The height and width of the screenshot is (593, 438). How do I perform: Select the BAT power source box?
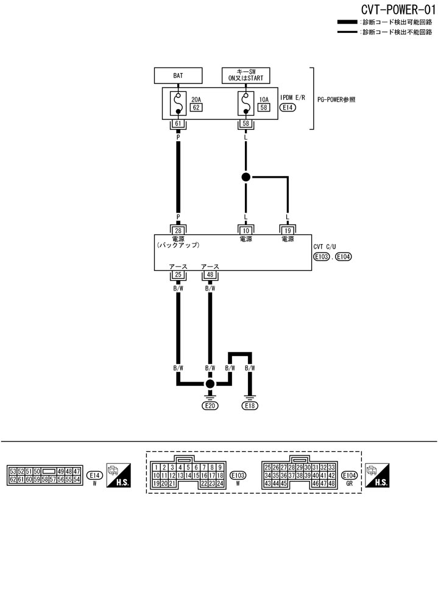tap(178, 75)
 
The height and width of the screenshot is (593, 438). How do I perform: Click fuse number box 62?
tap(196, 108)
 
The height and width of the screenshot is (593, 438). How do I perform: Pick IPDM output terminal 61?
tap(178, 124)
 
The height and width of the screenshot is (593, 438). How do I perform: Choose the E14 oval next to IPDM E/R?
tap(288, 108)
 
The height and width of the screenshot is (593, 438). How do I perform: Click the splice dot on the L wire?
tap(246, 177)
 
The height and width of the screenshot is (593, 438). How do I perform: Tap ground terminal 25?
tap(178, 275)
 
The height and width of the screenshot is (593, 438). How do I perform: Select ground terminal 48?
tap(210, 275)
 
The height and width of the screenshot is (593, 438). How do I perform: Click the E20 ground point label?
tap(210, 405)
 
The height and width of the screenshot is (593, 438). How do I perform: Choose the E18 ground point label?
tap(250, 405)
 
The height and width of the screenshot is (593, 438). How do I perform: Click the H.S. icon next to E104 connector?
tap(378, 475)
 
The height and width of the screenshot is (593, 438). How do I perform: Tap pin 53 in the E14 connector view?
tap(13, 471)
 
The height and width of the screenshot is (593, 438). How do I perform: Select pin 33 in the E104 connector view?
tap(332, 467)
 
